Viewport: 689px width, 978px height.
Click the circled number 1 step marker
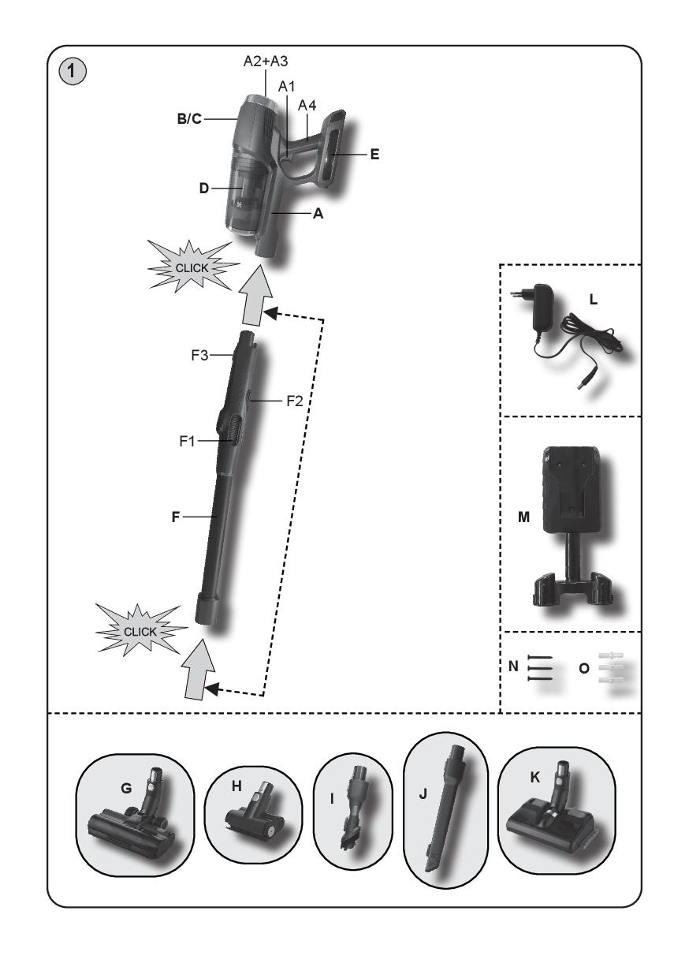[72, 72]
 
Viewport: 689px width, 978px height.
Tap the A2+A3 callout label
[266, 62]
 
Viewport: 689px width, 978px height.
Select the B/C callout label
[189, 119]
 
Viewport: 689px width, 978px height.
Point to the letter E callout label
[374, 155]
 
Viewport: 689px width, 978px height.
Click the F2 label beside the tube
[294, 401]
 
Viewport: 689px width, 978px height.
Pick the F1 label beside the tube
[187, 441]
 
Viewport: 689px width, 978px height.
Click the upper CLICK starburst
[192, 267]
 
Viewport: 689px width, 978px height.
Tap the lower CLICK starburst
[140, 631]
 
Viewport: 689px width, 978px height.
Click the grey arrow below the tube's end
[198, 669]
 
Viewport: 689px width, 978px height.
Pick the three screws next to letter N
[540, 669]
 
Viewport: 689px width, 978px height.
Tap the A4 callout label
[307, 105]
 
